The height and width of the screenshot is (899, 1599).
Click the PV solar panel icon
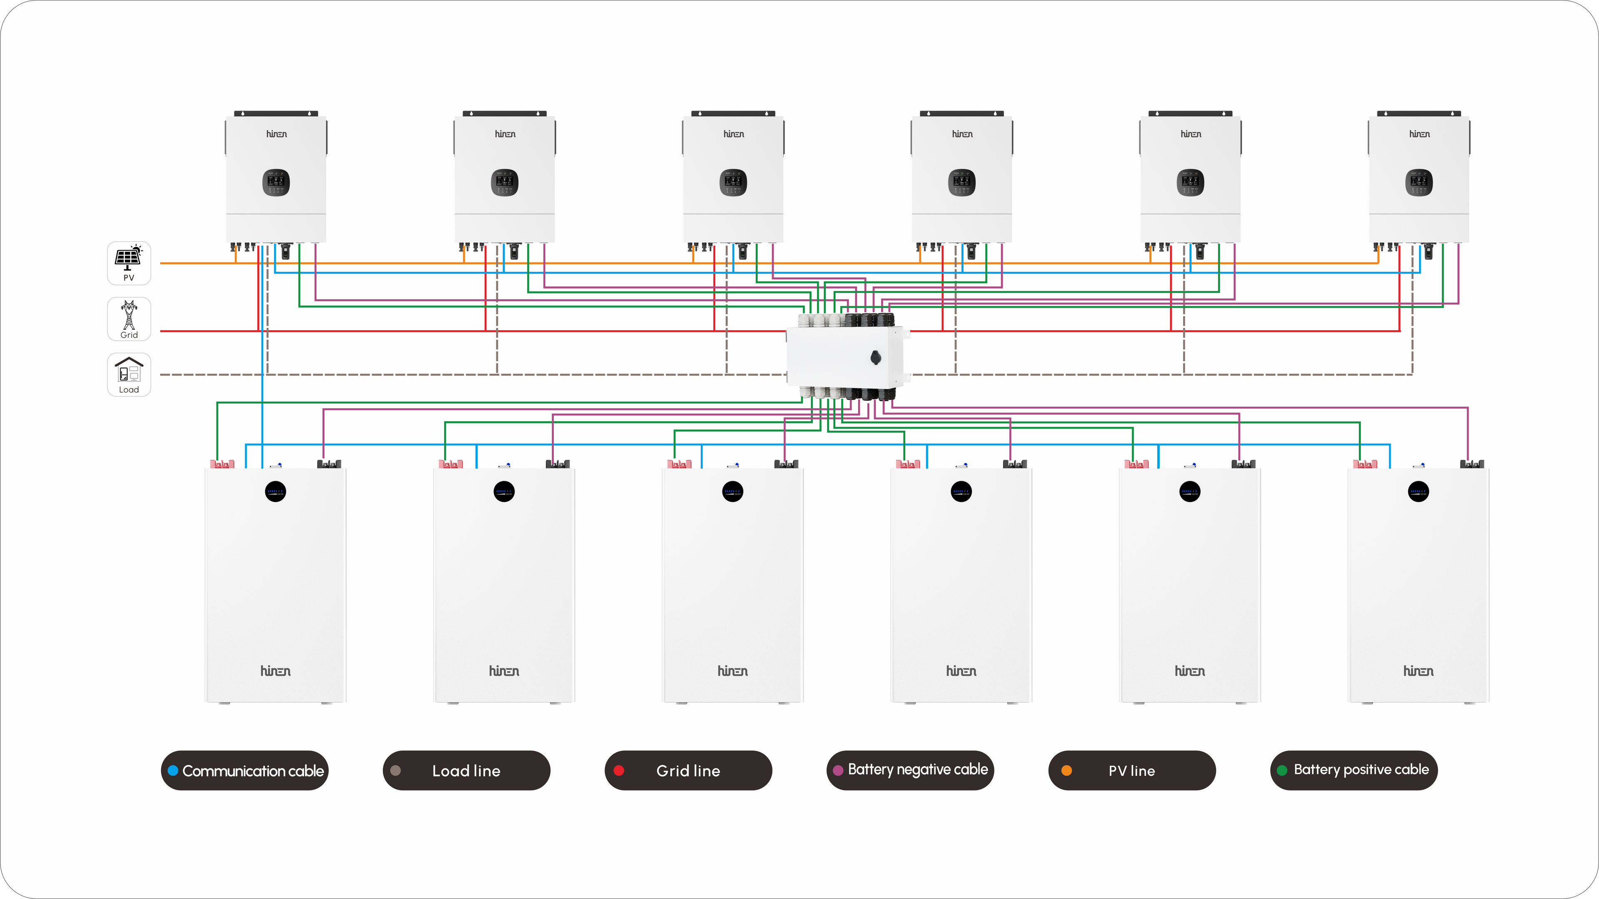coord(129,258)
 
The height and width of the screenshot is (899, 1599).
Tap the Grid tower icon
coord(129,315)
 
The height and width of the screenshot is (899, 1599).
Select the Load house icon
coord(129,371)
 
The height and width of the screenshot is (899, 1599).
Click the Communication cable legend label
coord(253,770)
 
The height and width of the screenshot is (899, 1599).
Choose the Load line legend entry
coord(466,770)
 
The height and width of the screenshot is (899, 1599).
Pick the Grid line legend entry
coord(688,770)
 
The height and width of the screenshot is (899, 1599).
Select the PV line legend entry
coord(1132,770)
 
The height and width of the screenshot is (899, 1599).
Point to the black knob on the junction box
coord(876,358)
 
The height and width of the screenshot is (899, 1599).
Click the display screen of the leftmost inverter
coord(276,182)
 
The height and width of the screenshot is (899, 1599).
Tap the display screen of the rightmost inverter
coord(1419,182)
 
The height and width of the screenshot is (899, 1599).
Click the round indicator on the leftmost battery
coord(276,492)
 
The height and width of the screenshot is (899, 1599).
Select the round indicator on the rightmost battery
coord(1418,492)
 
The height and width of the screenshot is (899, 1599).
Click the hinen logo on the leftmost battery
coord(275,671)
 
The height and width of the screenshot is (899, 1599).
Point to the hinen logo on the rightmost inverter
coord(1419,134)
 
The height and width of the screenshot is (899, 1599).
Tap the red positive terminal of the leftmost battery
coord(222,464)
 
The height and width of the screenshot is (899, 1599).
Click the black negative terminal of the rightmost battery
coord(1472,464)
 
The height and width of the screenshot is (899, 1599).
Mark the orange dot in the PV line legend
coord(1066,770)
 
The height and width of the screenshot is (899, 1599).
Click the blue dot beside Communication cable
coord(173,770)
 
